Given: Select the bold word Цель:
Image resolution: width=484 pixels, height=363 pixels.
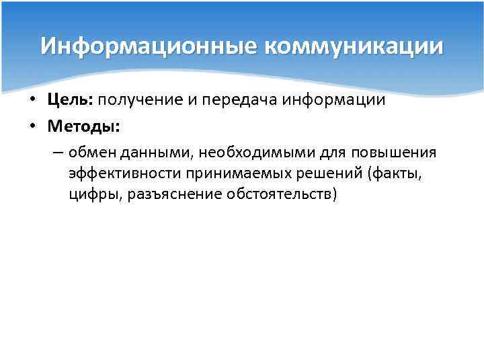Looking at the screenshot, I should [x=71, y=100].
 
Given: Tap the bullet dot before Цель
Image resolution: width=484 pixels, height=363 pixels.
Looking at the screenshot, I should [x=32, y=101].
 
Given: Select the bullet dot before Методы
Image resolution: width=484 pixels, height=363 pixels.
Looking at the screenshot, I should [x=32, y=127].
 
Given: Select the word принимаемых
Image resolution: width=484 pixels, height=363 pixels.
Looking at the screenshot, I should [x=233, y=174].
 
